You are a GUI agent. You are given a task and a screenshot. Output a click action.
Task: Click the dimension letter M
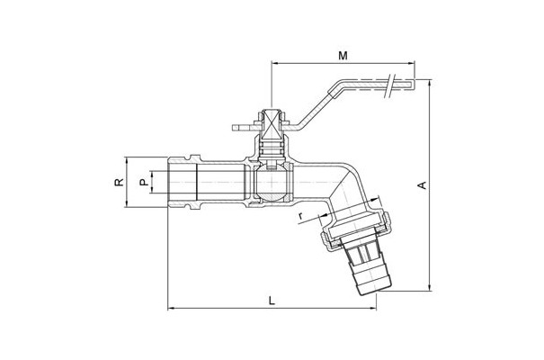(343, 55)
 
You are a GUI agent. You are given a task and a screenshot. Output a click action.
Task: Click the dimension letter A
(422, 185)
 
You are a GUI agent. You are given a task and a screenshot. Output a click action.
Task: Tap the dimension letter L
(272, 301)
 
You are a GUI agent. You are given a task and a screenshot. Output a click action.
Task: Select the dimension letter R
(119, 182)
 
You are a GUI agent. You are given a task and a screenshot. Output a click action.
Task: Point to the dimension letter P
(144, 182)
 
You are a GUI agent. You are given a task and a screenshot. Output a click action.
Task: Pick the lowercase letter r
(300, 216)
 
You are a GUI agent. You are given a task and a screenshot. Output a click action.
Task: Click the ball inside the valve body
(272, 182)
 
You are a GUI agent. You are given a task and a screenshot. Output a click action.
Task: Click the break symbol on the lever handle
(391, 85)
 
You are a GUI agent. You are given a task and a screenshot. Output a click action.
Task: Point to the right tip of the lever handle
(414, 84)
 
